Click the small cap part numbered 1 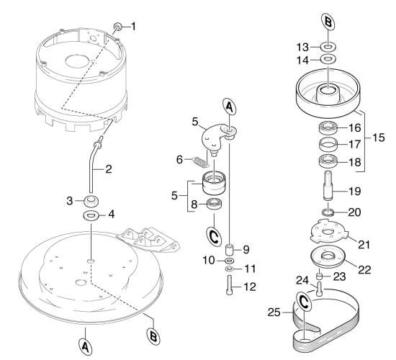point(118,26)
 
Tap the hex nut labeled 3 point(91,201)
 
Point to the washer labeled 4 point(91,215)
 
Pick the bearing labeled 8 point(214,204)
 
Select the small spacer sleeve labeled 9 point(229,250)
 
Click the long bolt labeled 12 point(229,285)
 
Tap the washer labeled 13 point(328,47)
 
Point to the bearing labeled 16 point(328,128)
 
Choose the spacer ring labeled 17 point(328,145)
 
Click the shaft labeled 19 point(328,186)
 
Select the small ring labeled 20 point(328,212)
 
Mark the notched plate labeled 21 point(328,232)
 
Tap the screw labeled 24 point(319,289)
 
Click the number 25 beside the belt point(274,312)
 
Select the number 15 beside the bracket point(378,138)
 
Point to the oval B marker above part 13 point(328,22)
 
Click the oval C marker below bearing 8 point(214,237)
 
